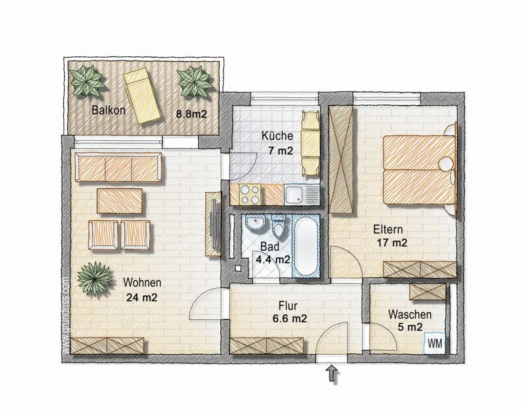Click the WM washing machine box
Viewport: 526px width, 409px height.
click(x=435, y=344)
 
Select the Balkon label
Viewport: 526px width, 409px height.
click(x=108, y=110)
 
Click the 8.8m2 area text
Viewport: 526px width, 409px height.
click(x=191, y=114)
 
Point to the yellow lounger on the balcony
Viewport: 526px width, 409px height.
click(x=142, y=97)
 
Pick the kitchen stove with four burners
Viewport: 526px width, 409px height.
click(x=250, y=194)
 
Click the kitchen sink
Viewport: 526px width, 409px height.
click(x=294, y=195)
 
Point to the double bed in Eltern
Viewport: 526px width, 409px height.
click(x=419, y=170)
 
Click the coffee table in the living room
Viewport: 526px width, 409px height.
click(x=119, y=201)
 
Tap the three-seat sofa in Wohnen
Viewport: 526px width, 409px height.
click(x=118, y=167)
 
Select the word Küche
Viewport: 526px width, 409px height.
click(x=277, y=136)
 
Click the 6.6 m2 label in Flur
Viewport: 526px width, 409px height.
click(x=289, y=319)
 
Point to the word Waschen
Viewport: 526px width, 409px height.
click(x=409, y=314)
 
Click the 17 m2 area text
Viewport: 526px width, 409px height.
click(x=392, y=243)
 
